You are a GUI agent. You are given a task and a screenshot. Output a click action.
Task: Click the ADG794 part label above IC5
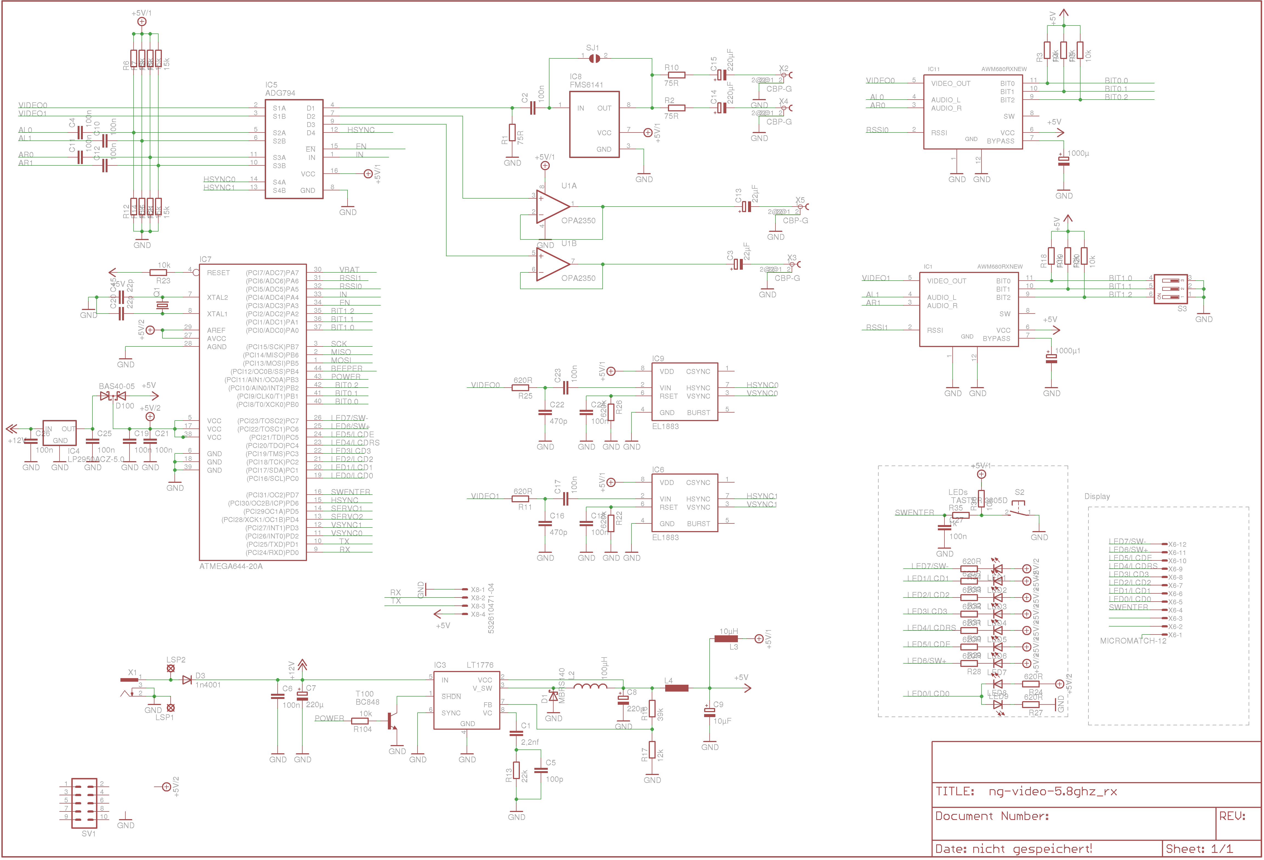(280, 93)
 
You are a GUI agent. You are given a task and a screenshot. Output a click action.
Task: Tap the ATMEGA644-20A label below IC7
(231, 566)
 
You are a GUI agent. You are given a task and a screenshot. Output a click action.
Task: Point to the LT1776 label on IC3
(480, 665)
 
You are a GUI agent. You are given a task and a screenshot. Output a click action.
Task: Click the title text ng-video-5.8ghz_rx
(1053, 791)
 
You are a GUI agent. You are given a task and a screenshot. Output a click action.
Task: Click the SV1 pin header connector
(84, 803)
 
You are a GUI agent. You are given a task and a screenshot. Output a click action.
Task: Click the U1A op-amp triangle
(552, 207)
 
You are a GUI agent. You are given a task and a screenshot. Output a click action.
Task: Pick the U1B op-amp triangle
(552, 265)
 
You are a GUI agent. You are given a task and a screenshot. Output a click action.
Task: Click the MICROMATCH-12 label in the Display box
(1133, 641)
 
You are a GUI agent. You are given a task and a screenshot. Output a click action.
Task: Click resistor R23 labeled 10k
(158, 272)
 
